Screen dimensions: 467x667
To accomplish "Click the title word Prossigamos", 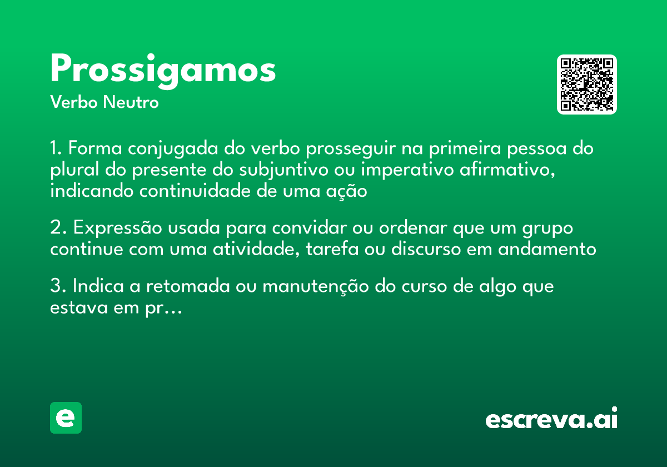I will tap(163, 70).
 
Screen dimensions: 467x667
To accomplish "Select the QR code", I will tap(586, 85).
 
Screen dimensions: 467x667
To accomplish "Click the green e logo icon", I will tap(66, 418).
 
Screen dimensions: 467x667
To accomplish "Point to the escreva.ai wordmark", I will tap(551, 419).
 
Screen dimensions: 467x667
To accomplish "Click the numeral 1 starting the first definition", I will tap(54, 149).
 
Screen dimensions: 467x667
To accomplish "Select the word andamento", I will tap(547, 249).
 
